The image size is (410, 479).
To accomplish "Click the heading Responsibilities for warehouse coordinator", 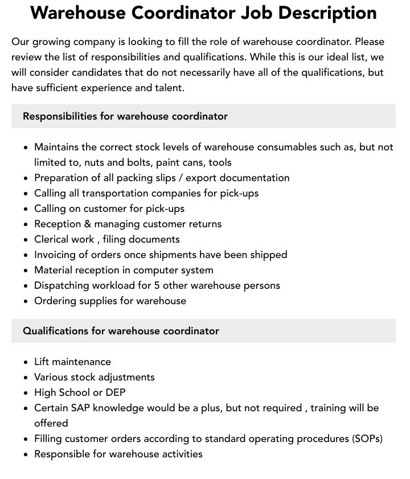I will tap(125, 116).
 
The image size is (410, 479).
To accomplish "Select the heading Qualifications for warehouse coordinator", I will tap(121, 331).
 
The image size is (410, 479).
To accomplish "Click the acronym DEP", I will tap(116, 392).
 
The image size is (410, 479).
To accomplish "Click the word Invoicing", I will tap(57, 255).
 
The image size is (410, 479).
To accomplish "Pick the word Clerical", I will tap(52, 239).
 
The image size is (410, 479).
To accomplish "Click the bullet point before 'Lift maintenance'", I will tap(26, 362).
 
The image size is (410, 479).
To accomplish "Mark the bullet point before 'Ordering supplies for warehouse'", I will tap(26, 301).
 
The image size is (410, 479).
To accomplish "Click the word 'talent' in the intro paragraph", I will tap(167, 88).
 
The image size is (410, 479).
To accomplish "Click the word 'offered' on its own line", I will tap(51, 423).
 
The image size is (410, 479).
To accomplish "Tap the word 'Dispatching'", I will tap(62, 285).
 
